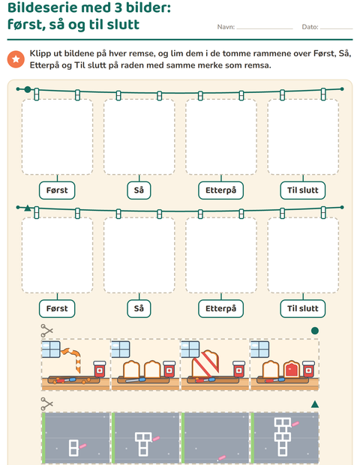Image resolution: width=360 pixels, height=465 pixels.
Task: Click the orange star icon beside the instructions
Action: click(x=16, y=59)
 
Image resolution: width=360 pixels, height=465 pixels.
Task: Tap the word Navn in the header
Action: click(x=226, y=27)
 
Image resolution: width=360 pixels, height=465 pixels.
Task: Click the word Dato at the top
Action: click(x=310, y=27)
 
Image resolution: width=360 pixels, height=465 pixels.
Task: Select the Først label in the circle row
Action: click(x=57, y=190)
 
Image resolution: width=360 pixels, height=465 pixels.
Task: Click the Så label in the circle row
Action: click(x=139, y=190)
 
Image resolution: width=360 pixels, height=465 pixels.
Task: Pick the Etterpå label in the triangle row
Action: click(x=221, y=309)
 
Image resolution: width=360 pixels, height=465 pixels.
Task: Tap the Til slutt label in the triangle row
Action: click(x=303, y=309)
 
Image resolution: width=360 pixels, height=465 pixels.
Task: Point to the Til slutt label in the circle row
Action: click(x=303, y=190)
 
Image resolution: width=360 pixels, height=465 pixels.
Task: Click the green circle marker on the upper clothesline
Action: click(x=28, y=89)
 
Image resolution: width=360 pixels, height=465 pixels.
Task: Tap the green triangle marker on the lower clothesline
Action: click(x=28, y=208)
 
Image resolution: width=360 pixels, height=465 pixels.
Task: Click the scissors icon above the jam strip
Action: click(x=46, y=331)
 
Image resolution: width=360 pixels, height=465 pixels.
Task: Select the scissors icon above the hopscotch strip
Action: click(x=46, y=404)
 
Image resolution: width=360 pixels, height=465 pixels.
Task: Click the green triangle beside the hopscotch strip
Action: click(x=315, y=404)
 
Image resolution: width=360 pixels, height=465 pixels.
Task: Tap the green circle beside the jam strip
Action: click(x=315, y=331)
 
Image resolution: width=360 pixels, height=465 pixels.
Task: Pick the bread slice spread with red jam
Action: click(x=292, y=369)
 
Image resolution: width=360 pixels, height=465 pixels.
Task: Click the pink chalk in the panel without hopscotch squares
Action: click(x=222, y=458)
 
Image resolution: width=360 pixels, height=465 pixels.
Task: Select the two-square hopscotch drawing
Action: click(x=73, y=448)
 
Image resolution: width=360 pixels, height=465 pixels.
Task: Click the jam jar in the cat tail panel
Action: click(x=99, y=369)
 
